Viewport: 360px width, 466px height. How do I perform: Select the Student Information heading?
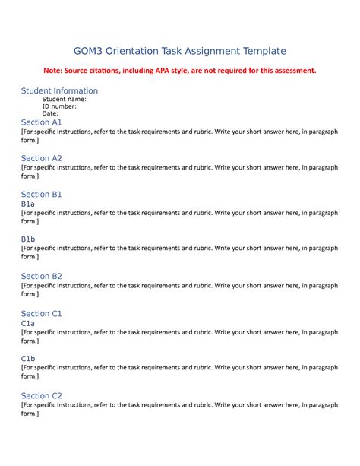(x=59, y=90)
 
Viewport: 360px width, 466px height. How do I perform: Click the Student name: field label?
(x=64, y=99)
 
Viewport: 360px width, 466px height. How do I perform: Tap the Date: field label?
(x=50, y=114)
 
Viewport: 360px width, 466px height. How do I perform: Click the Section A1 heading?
(x=42, y=122)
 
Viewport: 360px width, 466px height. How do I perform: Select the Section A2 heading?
(x=42, y=158)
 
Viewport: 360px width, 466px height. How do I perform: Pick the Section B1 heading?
(x=42, y=195)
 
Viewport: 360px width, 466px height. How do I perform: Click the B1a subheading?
(x=28, y=204)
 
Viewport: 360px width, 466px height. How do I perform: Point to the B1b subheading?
(x=28, y=239)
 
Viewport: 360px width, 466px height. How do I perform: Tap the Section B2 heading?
(x=42, y=276)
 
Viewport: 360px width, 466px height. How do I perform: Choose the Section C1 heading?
(x=42, y=313)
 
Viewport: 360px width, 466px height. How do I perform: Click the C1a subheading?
(x=28, y=323)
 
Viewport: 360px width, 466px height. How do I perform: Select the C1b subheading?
(x=28, y=359)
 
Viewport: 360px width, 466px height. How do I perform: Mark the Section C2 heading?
(x=42, y=395)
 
